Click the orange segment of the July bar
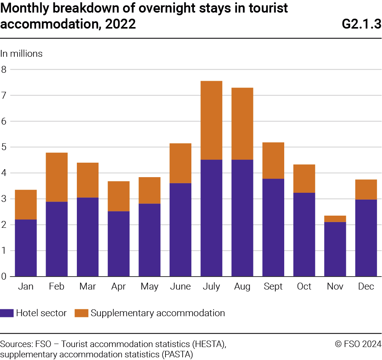coord(211,120)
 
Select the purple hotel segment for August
coord(242,218)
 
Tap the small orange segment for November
coord(335,219)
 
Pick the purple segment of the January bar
coord(26,248)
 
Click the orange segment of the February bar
coord(57,177)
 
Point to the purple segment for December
coord(366,238)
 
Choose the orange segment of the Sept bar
coord(273,160)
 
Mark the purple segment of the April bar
coord(119,244)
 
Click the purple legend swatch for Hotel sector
coord(6,313)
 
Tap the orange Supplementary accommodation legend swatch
coord(81,313)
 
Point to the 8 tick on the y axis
coord(4,70)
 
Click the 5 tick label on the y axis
coord(4,147)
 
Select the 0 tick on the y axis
coord(4,276)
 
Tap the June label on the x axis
coord(180,286)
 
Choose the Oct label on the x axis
coord(304,286)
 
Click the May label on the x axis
coord(150,287)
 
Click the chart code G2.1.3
coord(361,24)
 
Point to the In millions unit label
coord(21,54)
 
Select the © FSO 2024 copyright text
coord(358,344)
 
